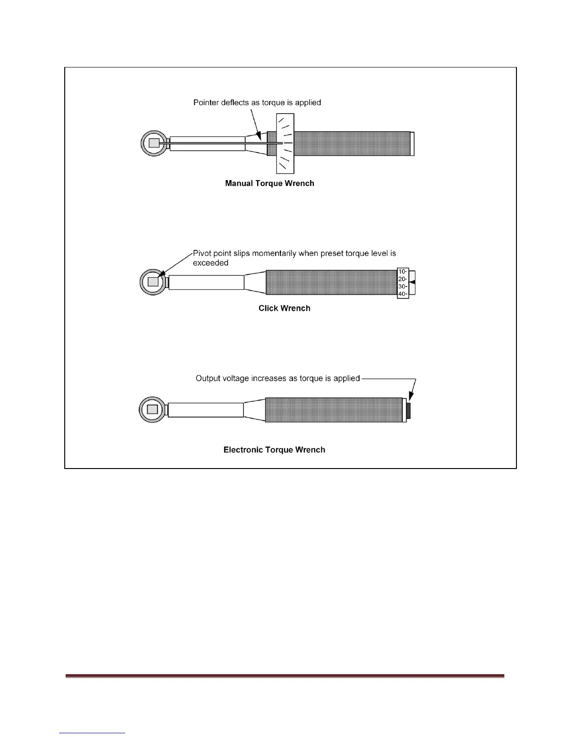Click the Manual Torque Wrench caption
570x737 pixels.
[x=270, y=183]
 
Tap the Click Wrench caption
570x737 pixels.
[x=284, y=308]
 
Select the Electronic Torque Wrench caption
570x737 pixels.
[x=274, y=450]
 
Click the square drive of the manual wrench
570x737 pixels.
[x=154, y=143]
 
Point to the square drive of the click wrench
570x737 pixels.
[x=153, y=282]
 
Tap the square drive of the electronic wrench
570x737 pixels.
[x=152, y=409]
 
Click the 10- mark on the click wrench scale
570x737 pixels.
[x=403, y=272]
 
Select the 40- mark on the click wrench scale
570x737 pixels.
[x=403, y=294]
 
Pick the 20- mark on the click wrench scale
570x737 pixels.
[x=403, y=279]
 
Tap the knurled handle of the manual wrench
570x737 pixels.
[x=353, y=143]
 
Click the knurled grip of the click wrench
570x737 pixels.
[x=331, y=282]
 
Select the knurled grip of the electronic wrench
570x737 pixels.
[x=333, y=409]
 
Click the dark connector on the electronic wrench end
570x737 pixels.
[x=409, y=410]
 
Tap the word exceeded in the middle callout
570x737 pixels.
[x=210, y=263]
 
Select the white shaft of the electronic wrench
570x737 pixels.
[x=205, y=409]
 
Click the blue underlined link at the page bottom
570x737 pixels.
[x=93, y=733]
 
